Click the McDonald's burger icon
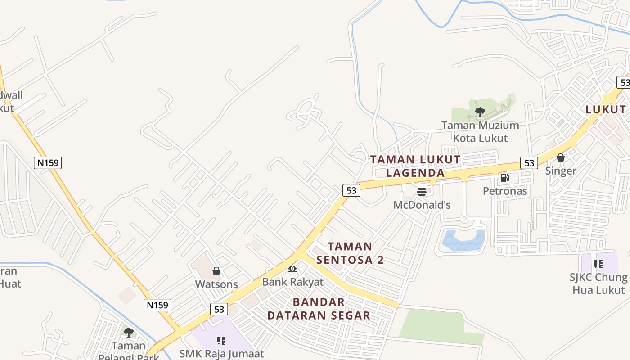point(422,192)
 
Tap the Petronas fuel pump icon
point(504,178)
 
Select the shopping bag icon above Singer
point(561,157)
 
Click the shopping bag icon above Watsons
point(216,271)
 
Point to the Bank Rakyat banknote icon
point(292,269)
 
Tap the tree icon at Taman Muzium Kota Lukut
point(480,111)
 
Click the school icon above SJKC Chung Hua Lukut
point(598,264)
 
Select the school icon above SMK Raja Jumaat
point(221,340)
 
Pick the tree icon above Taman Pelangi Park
point(129,333)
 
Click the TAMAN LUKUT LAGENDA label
point(415,166)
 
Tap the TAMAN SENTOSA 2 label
point(350,253)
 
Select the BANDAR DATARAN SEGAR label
point(319,309)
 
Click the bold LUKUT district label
point(605,109)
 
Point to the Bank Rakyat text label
point(293,282)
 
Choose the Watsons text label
point(216,284)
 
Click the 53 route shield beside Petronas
point(529,163)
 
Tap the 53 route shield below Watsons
point(219,309)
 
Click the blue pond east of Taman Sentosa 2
point(463,240)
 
